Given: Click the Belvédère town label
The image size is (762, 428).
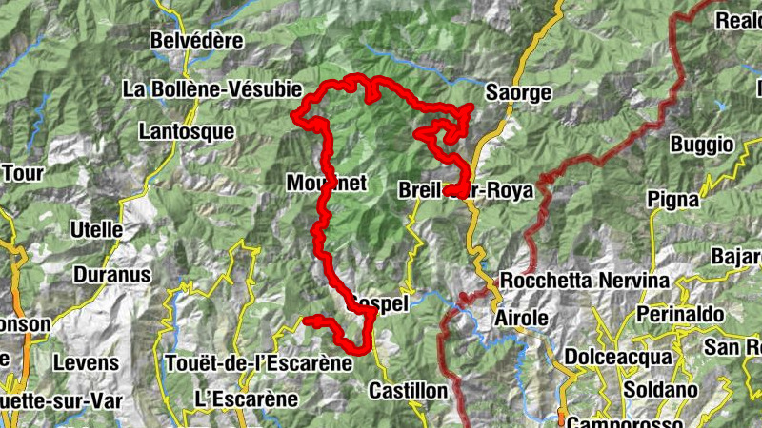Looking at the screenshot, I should click(x=197, y=42).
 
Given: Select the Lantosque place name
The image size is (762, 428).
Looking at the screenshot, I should click(x=186, y=132).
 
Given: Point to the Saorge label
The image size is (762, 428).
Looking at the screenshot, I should click(x=518, y=93).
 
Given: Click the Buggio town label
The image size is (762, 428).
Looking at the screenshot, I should click(x=702, y=145).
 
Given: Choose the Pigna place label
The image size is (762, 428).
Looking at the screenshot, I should click(x=673, y=199).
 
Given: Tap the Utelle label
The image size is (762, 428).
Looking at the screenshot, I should click(x=96, y=230).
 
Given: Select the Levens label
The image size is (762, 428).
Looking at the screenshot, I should click(x=86, y=362).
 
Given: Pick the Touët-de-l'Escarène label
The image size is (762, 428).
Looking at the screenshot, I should click(x=258, y=362).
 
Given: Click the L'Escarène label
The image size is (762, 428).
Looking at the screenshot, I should click(x=246, y=398).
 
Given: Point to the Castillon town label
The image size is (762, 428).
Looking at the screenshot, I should click(x=408, y=391).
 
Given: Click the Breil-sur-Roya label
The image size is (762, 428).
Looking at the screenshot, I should click(x=466, y=190).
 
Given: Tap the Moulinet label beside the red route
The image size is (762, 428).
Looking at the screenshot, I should click(x=327, y=183).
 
